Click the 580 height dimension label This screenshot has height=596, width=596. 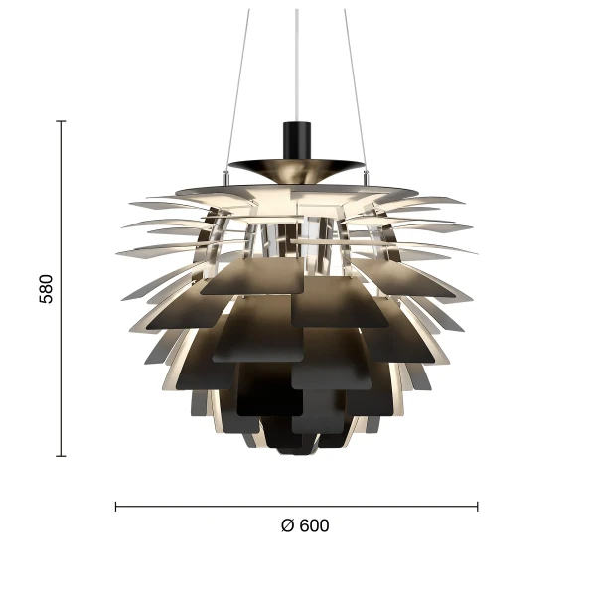[46, 288]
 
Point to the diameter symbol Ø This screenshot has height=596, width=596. [287, 526]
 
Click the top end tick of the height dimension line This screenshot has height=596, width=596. [62, 121]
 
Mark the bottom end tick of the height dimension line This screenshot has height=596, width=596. [62, 456]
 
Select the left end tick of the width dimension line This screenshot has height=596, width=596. [116, 507]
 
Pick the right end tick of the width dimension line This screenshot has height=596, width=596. [478, 507]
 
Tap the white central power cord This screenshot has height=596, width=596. [297, 60]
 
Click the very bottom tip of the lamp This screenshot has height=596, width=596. [296, 453]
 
